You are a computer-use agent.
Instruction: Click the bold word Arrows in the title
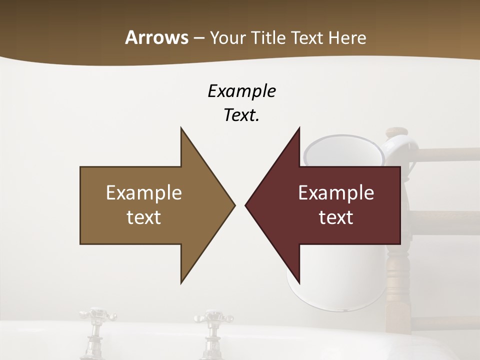click(156, 37)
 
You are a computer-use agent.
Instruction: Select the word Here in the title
click(347, 37)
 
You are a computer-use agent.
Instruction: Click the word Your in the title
click(227, 37)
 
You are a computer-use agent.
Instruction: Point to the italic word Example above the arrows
click(241, 91)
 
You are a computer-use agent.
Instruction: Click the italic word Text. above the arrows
click(241, 115)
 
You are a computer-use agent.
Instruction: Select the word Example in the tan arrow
click(144, 193)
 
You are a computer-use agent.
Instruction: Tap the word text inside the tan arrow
click(144, 217)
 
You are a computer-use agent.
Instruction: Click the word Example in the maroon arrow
click(336, 193)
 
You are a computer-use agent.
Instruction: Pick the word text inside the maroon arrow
click(336, 217)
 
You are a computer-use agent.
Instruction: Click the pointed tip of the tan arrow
click(233, 205)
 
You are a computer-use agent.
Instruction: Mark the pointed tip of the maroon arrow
click(246, 205)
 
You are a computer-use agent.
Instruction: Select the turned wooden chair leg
click(397, 280)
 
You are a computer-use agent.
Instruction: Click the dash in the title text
click(198, 37)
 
